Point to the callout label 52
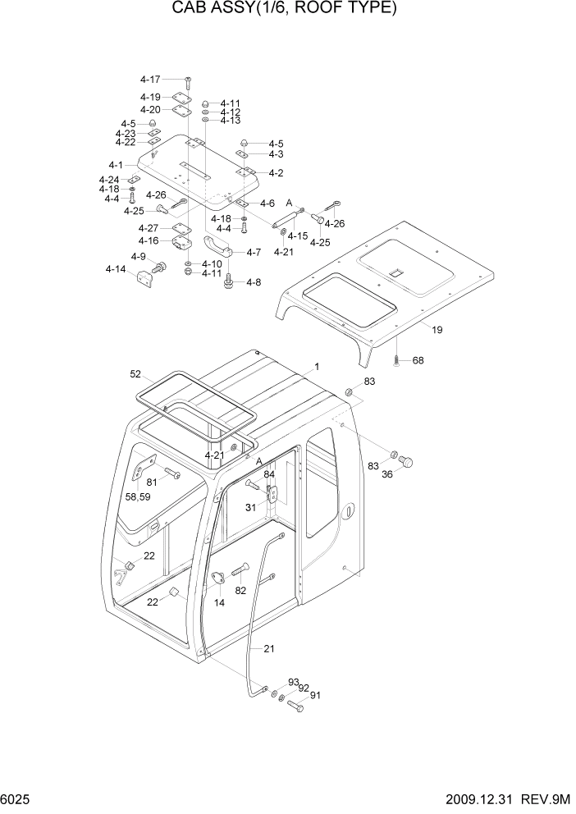(x=135, y=374)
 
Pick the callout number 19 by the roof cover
(x=437, y=330)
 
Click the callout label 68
(x=418, y=361)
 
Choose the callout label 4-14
(x=115, y=269)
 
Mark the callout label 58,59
(x=137, y=497)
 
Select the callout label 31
(x=251, y=506)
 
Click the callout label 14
(x=219, y=602)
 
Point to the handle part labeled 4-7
(x=217, y=245)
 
